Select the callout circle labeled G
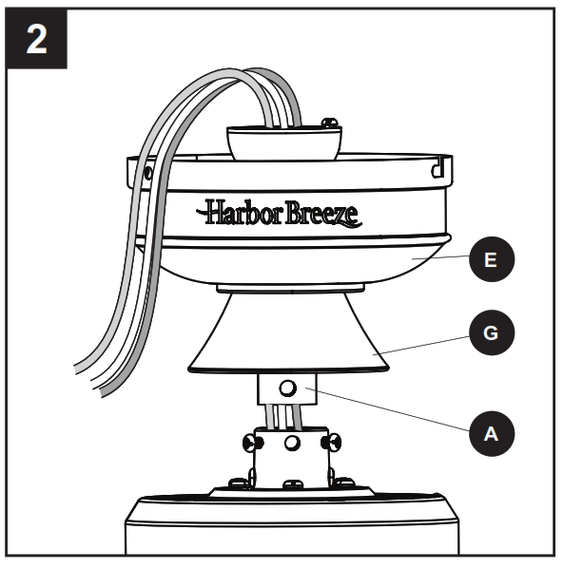491,334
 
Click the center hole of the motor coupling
292,444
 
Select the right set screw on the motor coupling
333,442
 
